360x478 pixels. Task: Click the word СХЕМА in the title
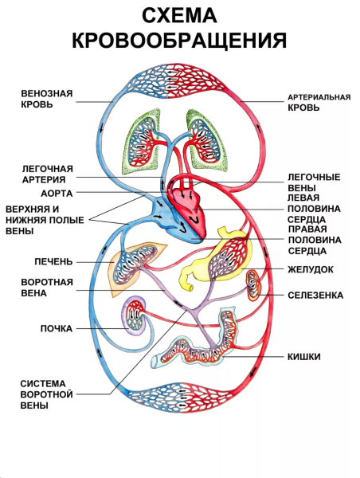pyautogui.click(x=179, y=17)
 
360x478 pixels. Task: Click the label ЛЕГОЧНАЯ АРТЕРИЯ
pyautogui.click(x=48, y=174)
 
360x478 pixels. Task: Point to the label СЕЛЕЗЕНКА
pyautogui.click(x=315, y=295)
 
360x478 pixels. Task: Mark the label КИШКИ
pyautogui.click(x=303, y=357)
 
